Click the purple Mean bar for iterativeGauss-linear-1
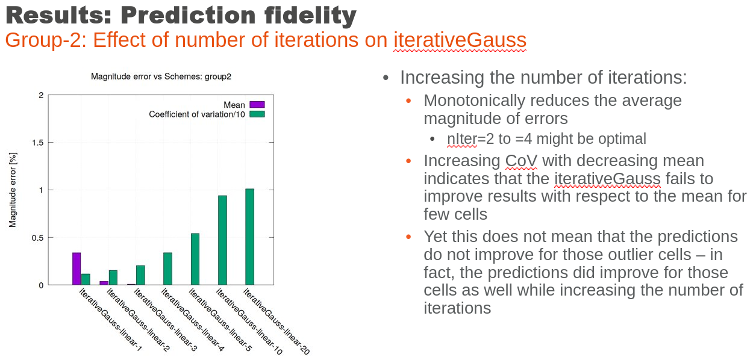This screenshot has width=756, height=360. click(77, 268)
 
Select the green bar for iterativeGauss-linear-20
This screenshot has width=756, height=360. click(250, 237)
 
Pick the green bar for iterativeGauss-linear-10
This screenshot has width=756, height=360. click(222, 240)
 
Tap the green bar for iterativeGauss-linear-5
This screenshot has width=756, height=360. click(195, 259)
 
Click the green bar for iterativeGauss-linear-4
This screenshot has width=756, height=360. click(167, 268)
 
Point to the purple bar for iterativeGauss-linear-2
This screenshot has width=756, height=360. click(104, 283)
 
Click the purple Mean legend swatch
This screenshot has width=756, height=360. click(257, 105)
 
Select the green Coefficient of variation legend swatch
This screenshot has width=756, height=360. click(257, 114)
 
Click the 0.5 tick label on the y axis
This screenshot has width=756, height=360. click(38, 238)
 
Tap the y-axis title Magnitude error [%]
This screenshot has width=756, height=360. click(13, 190)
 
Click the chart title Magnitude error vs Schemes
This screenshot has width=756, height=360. click(161, 76)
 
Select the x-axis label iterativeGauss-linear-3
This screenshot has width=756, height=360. click(166, 320)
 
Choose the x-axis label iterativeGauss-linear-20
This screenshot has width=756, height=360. click(276, 321)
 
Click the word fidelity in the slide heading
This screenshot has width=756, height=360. click(310, 16)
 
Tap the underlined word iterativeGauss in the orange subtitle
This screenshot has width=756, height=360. click(460, 40)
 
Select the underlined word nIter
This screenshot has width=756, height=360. click(462, 138)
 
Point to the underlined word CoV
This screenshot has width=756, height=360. click(521, 161)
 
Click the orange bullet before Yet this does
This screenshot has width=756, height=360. click(408, 237)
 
